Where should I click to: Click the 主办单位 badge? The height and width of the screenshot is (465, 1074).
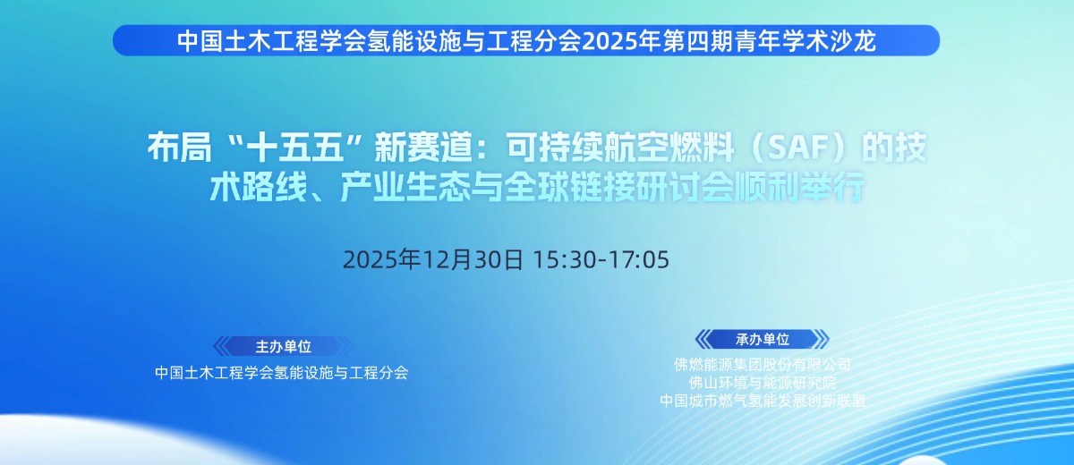pos(283,346)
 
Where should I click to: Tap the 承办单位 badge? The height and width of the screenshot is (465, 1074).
pos(763,339)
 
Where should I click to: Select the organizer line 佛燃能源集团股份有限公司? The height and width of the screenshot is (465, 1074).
pos(763,365)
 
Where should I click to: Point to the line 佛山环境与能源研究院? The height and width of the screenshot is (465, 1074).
pos(763,383)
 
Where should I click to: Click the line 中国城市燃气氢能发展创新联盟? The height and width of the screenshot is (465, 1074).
pos(763,401)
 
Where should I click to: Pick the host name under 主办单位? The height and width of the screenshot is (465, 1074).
pos(282,373)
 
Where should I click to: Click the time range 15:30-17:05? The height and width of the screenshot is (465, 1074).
pos(601,259)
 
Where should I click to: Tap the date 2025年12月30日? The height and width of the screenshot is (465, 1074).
pos(432,259)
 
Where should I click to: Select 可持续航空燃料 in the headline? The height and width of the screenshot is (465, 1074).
pos(620,148)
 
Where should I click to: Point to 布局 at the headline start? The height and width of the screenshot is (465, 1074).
pos(179,148)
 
